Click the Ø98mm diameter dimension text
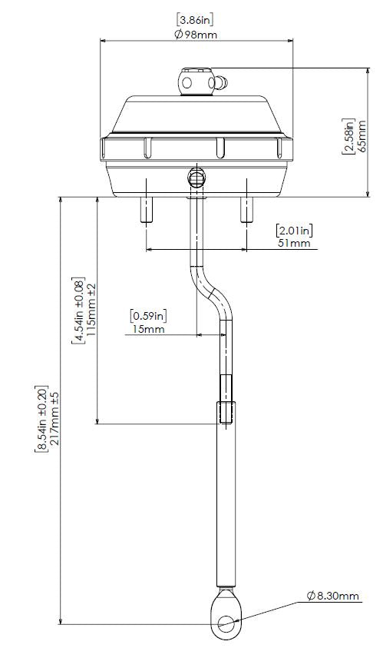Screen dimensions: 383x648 pos(196,34)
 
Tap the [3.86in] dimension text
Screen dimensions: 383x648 pos(195,19)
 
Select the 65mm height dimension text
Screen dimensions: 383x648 pos(362,136)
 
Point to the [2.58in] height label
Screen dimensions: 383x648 pos(348,136)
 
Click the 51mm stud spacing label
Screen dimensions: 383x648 pos(294,243)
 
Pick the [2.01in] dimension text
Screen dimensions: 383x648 pos(294,230)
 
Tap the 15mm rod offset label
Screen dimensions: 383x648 pos(149,329)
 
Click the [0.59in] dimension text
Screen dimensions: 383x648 pos(149,316)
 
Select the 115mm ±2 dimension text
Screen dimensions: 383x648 pos(91,310)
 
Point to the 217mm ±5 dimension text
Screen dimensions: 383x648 pos(54,419)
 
